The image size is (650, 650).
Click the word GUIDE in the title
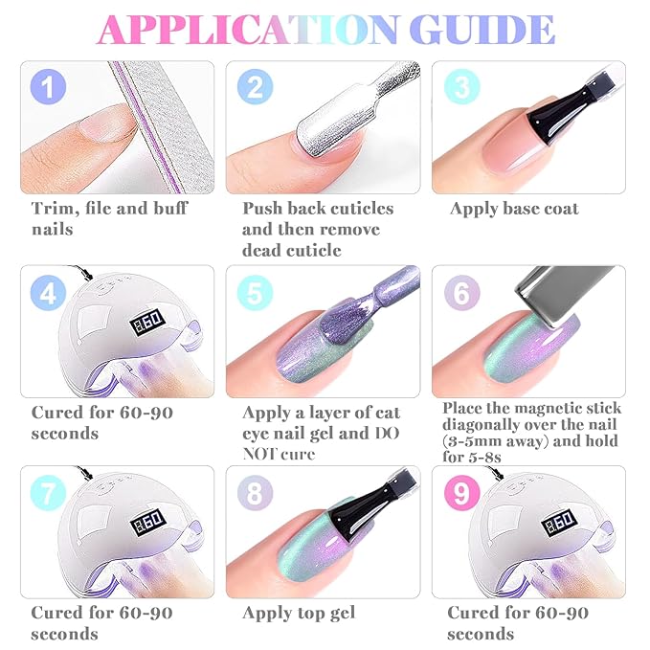point(482,30)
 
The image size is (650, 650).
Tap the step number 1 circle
point(48,87)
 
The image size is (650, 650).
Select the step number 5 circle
point(255,293)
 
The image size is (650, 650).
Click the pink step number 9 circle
point(461,493)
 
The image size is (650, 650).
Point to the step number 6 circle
point(461,293)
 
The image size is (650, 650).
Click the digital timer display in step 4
point(146,322)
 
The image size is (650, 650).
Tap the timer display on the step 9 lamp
point(558,523)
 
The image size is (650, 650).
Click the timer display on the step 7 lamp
point(148,522)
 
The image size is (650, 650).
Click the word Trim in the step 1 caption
point(56,209)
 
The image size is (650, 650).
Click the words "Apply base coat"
point(514,209)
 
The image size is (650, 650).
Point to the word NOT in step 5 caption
point(256,454)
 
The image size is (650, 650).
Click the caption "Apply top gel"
point(299,614)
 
